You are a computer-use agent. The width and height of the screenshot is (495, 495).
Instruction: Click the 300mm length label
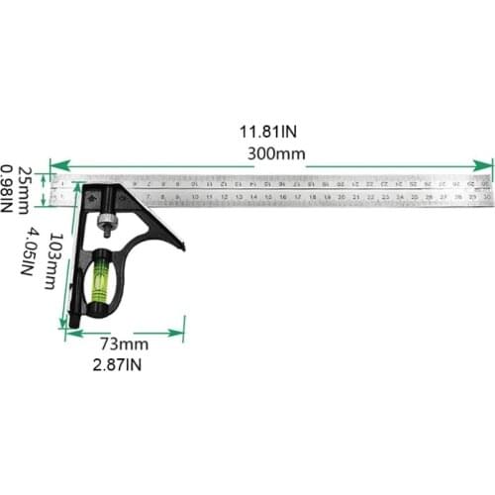click(x=277, y=153)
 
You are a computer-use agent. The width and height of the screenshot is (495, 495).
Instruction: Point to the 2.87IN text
click(x=121, y=365)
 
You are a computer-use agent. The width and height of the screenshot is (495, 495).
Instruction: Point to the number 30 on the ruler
click(x=487, y=197)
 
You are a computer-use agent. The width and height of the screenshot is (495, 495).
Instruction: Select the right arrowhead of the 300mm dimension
click(x=487, y=166)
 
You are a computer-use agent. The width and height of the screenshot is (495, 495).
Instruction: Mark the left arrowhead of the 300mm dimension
click(x=54, y=166)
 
